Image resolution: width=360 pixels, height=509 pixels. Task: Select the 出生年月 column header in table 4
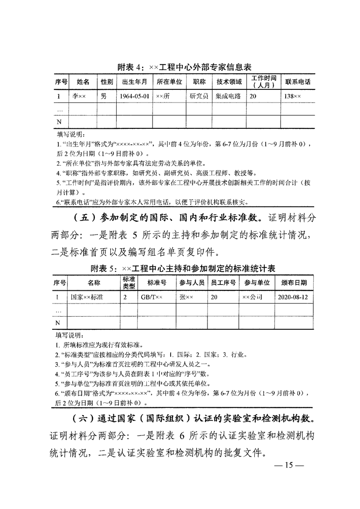[x=132, y=82]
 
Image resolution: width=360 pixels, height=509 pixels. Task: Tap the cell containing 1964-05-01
[x=132, y=97]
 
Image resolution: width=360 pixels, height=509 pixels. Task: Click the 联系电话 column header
[x=297, y=82]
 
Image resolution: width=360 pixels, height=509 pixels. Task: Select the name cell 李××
[x=82, y=97]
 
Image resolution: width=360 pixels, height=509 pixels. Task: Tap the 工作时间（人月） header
[x=264, y=82]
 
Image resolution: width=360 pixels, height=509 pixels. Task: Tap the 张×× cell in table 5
[x=187, y=297]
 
